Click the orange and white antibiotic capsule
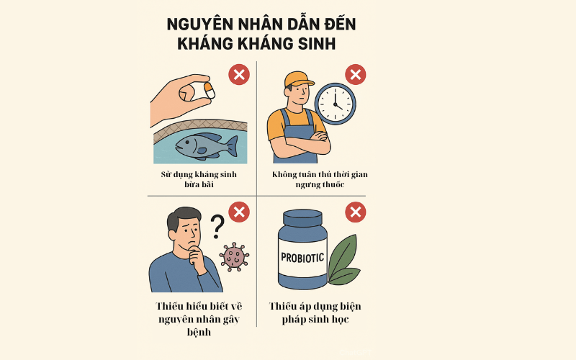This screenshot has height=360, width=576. [x=209, y=91]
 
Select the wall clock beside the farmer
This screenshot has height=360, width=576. [x=335, y=104]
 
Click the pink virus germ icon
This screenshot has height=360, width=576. [x=234, y=257]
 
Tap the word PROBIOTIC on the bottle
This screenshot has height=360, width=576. [x=302, y=258]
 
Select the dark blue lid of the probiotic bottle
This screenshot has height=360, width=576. [x=303, y=218]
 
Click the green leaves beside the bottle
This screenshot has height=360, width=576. [x=343, y=261]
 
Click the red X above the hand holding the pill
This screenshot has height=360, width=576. [x=239, y=75]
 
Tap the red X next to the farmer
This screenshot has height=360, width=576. [x=355, y=75]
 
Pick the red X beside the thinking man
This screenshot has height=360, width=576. [x=239, y=212]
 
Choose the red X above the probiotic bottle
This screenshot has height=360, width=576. [x=355, y=212]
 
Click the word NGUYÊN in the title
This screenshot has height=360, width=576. [x=200, y=24]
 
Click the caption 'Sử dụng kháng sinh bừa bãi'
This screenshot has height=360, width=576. [x=199, y=179]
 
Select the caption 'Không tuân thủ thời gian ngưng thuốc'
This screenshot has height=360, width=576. [x=320, y=179]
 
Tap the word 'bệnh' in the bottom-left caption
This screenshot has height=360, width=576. [x=199, y=332]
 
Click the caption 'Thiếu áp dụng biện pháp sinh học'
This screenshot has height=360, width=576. [x=315, y=312]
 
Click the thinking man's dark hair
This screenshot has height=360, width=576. [x=183, y=217]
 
